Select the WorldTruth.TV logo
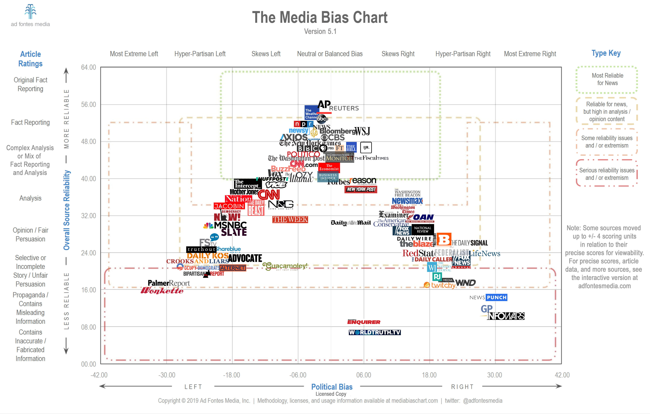375,332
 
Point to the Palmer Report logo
169,283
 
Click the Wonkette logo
162,290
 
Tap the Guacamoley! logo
285,266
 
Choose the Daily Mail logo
351,223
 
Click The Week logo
290,219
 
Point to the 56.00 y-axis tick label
89,105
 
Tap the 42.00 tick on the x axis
562,375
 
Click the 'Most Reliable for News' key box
607,79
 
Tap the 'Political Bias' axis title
332,387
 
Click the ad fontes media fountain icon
30,12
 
